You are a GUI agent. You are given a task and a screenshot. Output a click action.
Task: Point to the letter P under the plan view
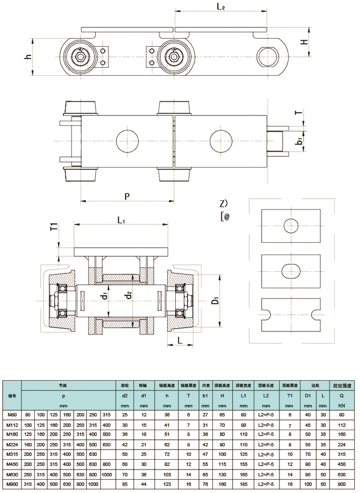click(x=127, y=196)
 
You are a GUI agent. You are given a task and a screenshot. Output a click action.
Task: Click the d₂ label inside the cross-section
click(x=127, y=296)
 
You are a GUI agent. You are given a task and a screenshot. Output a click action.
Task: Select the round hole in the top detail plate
click(x=291, y=225)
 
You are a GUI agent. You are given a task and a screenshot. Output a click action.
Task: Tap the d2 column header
click(x=125, y=396)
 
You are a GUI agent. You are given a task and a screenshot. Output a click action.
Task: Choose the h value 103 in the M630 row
click(x=166, y=474)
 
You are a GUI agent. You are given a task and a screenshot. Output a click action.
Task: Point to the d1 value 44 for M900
click(x=144, y=484)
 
